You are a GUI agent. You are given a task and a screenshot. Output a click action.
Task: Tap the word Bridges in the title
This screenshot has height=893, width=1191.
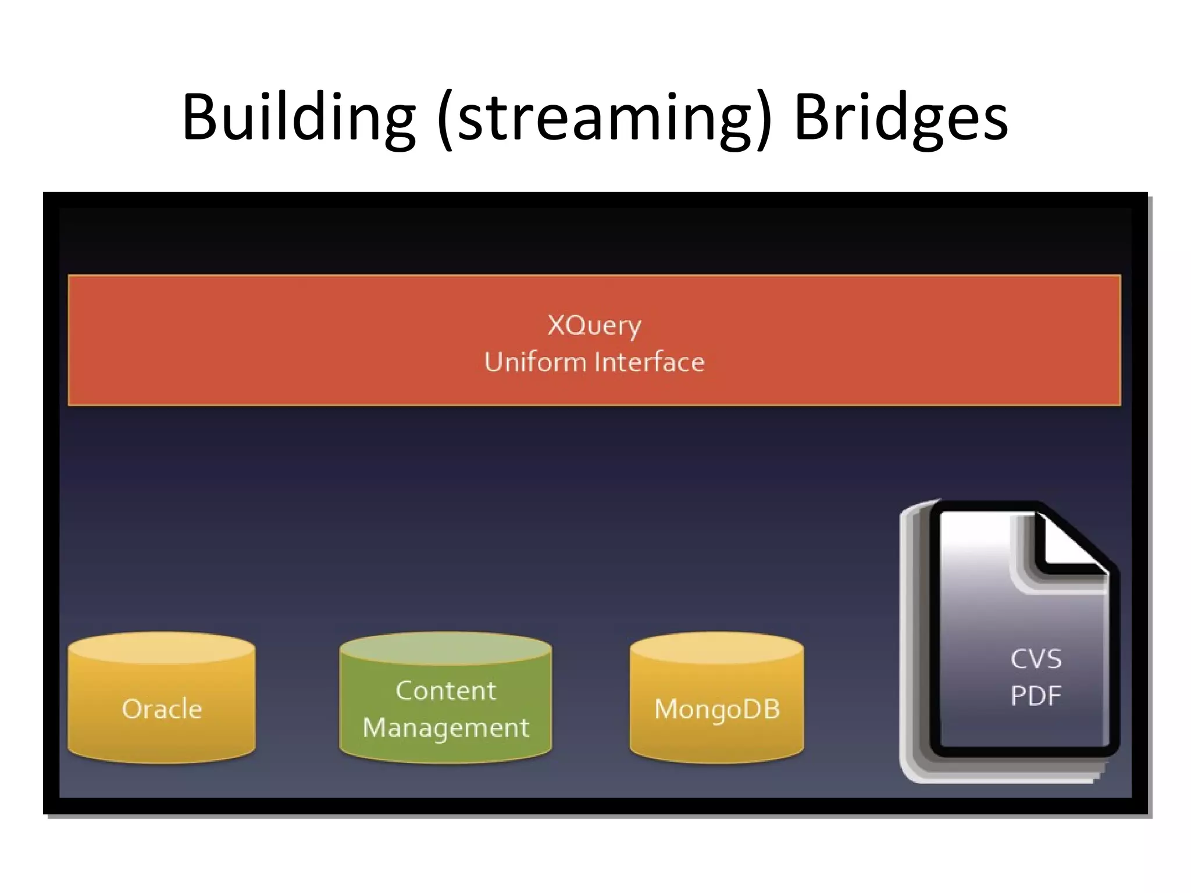(900, 118)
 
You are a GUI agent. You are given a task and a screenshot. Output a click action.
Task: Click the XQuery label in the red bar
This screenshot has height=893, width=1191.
(594, 326)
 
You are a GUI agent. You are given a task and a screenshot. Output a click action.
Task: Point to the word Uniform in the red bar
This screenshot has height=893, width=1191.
(535, 362)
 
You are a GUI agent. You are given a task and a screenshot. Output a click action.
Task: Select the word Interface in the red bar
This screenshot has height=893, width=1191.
(650, 362)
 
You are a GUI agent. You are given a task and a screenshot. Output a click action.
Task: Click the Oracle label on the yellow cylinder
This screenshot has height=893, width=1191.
(162, 709)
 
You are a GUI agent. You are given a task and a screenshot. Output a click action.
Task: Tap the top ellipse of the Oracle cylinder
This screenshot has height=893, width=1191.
(162, 648)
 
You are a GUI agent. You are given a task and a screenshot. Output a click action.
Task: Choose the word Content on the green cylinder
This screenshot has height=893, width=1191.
(445, 691)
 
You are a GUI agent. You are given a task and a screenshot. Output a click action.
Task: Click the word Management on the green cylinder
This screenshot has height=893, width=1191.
(445, 728)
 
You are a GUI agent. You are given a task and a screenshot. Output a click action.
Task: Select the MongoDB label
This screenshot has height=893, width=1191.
(716, 709)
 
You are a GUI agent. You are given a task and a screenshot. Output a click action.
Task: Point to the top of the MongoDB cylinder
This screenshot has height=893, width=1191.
(716, 648)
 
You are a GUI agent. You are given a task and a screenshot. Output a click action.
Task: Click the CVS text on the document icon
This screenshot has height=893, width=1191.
(1036, 659)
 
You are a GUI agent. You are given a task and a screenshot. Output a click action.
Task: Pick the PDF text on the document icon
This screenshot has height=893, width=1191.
(1036, 696)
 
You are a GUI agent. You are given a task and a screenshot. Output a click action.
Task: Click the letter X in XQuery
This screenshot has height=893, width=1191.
(556, 325)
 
